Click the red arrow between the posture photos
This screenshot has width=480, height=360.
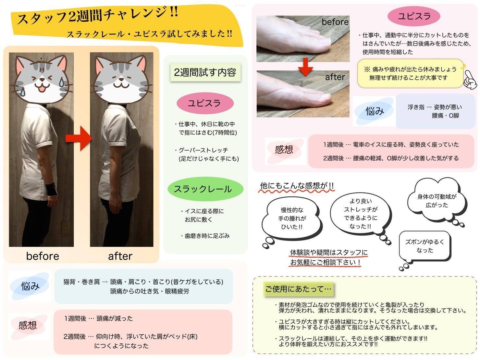click(x=79, y=138)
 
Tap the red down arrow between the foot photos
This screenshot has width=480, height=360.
click(x=305, y=67)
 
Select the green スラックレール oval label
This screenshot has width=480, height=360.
click(x=205, y=189)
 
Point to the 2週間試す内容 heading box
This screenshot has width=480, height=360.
click(x=205, y=72)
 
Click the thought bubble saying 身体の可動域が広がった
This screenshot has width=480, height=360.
click(x=437, y=200)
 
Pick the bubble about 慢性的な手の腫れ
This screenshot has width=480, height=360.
click(x=292, y=220)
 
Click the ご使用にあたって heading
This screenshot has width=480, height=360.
click(x=298, y=289)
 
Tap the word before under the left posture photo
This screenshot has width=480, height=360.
click(x=43, y=256)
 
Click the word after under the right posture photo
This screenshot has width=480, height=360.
click(x=120, y=256)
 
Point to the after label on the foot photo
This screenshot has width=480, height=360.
click(x=335, y=77)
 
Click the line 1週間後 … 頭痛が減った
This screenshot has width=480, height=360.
click(x=98, y=318)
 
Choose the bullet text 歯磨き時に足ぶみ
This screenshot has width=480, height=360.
click(x=205, y=236)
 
